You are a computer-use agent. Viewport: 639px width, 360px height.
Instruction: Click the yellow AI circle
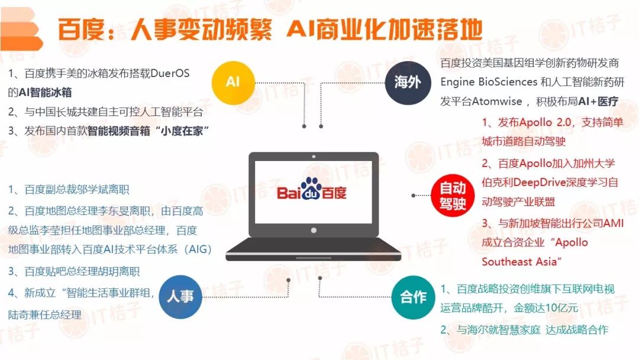coord(233,83)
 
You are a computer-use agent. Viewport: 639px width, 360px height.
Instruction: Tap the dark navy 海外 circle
coord(407,83)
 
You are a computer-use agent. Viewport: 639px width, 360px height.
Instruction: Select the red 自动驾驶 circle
coord(453,195)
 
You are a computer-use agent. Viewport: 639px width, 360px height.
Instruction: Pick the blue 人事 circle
coord(180,297)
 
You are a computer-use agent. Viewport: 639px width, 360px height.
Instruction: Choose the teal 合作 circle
coord(413,297)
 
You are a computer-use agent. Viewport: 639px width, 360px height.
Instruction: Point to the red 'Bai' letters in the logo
coord(289,193)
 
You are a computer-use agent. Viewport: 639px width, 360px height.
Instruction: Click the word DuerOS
coord(170,73)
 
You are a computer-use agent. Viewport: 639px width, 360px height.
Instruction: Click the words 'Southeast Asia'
coord(519,262)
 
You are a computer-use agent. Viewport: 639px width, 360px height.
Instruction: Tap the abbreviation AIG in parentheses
coord(198,249)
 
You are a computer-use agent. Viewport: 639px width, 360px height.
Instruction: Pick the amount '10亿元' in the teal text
coord(561,308)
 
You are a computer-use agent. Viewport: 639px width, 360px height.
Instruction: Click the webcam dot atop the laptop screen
coord(314,156)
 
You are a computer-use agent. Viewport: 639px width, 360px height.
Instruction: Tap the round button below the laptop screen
coord(314,230)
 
